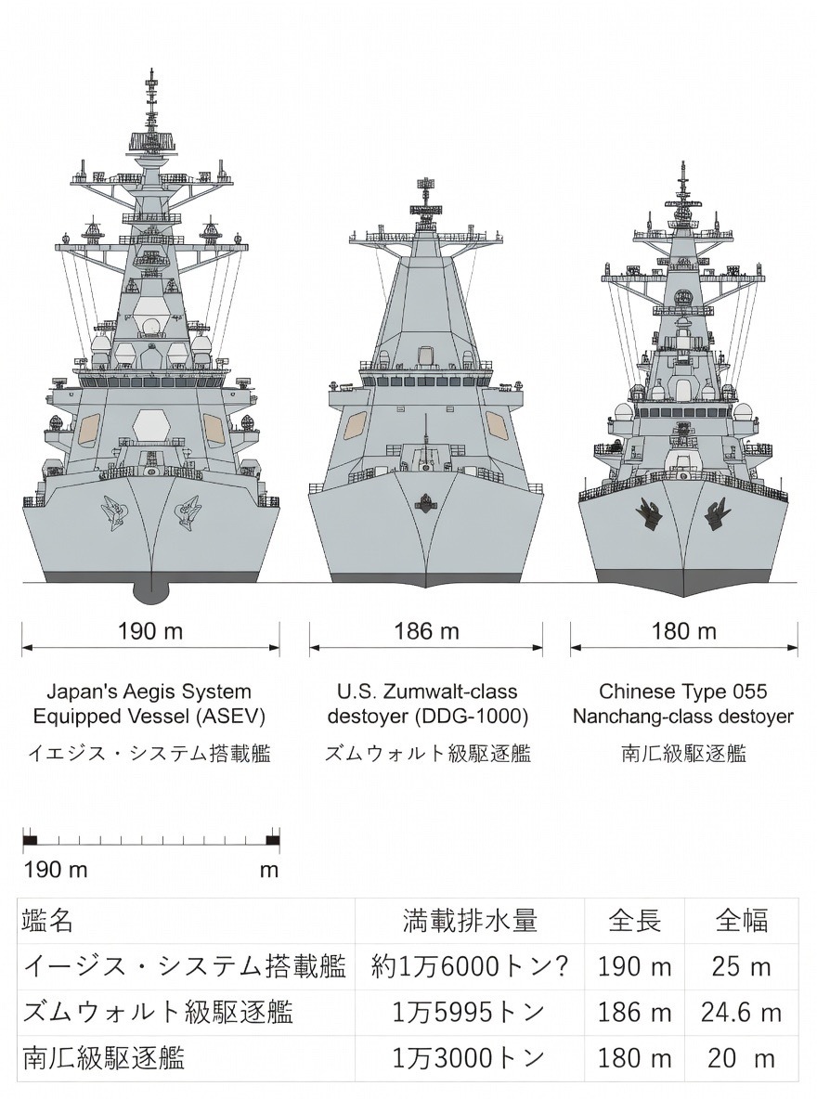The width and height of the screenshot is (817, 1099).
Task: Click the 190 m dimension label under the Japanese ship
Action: [150, 632]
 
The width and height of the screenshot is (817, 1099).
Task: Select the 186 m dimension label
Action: [426, 632]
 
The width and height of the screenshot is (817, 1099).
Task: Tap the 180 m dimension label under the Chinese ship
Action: [684, 632]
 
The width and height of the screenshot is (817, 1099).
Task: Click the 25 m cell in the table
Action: [741, 966]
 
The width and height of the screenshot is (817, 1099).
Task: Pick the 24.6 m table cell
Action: [741, 1012]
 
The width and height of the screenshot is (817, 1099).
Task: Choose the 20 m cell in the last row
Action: [741, 1057]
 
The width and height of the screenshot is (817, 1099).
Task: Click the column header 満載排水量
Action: [470, 921]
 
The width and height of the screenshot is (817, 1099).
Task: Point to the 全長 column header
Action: [634, 921]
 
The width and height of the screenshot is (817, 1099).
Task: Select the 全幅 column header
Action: [741, 921]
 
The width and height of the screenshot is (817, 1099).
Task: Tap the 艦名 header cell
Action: [47, 921]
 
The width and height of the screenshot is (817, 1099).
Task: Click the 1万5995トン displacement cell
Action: [470, 1012]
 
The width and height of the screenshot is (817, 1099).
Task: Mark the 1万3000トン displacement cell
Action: [470, 1057]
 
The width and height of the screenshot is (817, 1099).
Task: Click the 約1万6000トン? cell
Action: [470, 966]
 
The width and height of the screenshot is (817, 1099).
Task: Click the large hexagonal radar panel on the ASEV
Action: [150, 426]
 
